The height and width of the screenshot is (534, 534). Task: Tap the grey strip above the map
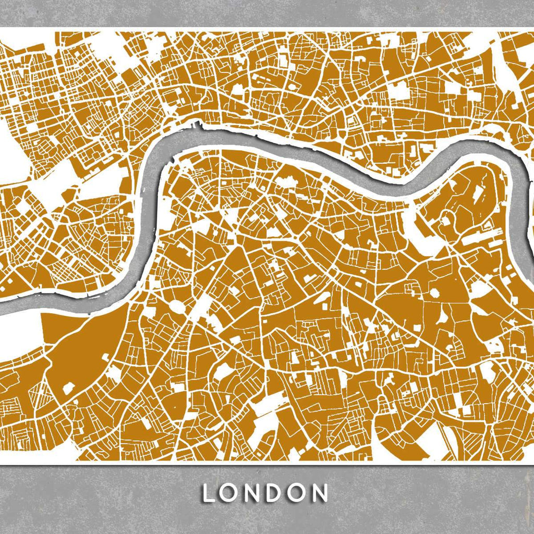pyautogui.click(x=267, y=13)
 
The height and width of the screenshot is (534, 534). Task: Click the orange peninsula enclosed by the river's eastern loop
pyautogui.click(x=459, y=203)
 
